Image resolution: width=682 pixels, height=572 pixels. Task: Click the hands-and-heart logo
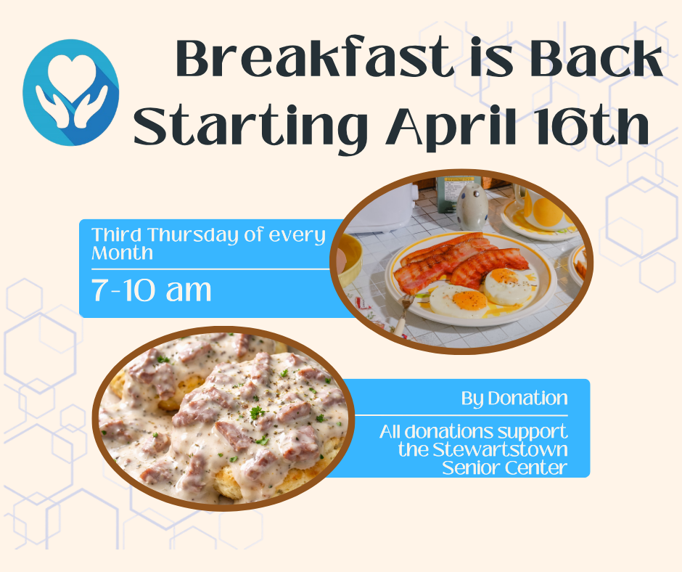pos(71,92)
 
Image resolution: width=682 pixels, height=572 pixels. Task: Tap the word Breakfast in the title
pos(312,57)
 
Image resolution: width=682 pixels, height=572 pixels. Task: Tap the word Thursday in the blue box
pos(193,235)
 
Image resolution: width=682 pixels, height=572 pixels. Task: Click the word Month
pos(122,253)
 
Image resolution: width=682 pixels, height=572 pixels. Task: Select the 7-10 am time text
pos(151,290)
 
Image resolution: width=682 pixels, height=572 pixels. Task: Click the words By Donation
pos(514,399)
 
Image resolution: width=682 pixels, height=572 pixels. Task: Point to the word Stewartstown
pos(500,449)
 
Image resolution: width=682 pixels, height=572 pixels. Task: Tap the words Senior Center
pos(504,467)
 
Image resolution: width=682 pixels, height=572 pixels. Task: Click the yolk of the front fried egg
pos(469,300)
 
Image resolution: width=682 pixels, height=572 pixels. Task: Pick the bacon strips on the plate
pos(461,261)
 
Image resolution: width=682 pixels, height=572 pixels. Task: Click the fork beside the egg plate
pos(403,314)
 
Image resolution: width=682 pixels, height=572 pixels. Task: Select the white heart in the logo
pos(72,70)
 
